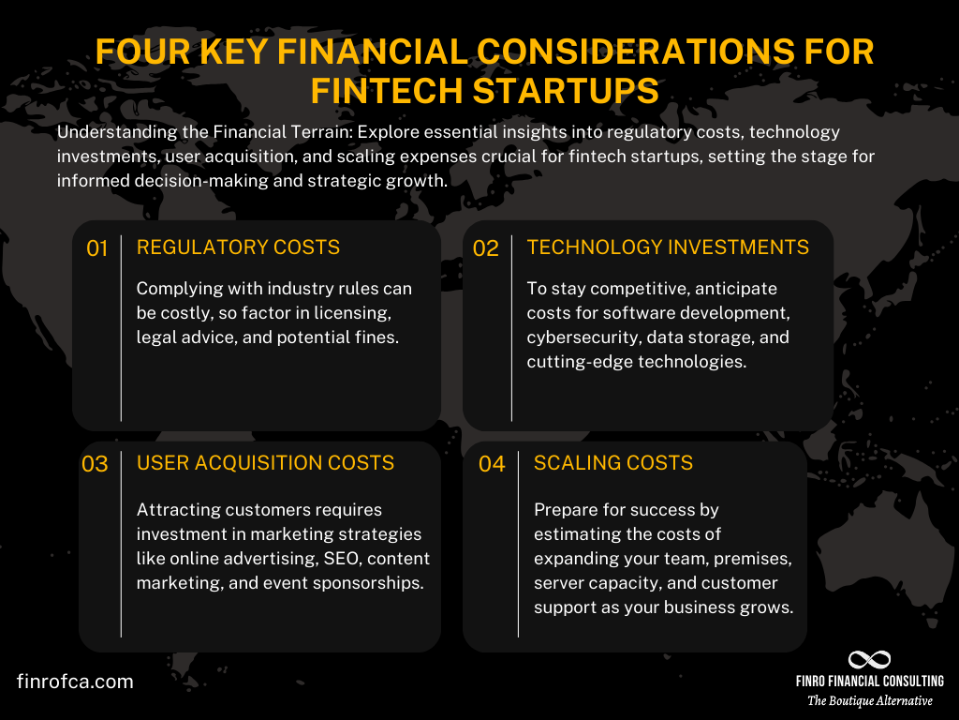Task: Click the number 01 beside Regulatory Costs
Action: pos(97,248)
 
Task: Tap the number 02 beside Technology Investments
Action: pos(486,248)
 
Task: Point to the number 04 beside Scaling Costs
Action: pos(492,464)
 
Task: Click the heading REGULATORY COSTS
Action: pos(238,247)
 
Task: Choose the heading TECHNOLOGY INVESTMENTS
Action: pos(668,247)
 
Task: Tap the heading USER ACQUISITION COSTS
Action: pos(265,463)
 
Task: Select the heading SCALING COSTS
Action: pos(612,463)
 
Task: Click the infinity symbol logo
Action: pos(869,660)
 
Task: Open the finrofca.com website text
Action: pos(75,682)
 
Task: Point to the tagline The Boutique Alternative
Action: pos(870,701)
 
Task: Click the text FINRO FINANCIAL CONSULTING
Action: pos(870,682)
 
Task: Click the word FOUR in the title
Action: pos(144,52)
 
